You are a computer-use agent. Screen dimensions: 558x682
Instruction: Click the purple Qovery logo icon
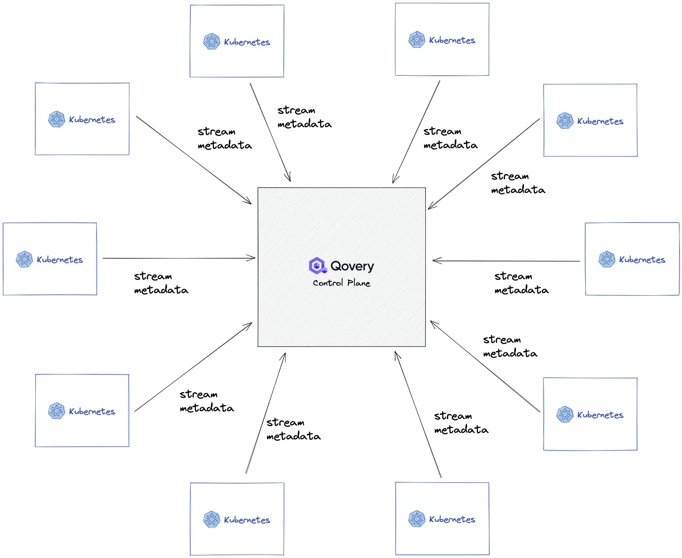pyautogui.click(x=317, y=266)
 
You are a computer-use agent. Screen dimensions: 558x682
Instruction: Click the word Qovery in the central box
pyautogui.click(x=352, y=266)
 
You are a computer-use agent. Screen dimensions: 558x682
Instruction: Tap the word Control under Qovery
pyautogui.click(x=328, y=283)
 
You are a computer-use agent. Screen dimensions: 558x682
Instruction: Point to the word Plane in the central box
pyautogui.click(x=359, y=283)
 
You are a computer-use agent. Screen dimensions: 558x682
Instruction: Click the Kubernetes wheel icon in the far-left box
pyautogui.click(x=24, y=259)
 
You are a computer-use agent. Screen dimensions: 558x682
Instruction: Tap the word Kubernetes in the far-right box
pyautogui.click(x=642, y=260)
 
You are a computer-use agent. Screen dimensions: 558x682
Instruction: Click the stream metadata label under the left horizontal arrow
pyautogui.click(x=161, y=283)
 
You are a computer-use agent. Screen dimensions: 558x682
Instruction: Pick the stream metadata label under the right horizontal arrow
pyautogui.click(x=521, y=283)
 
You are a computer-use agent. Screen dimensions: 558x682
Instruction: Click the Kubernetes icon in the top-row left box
pyautogui.click(x=211, y=41)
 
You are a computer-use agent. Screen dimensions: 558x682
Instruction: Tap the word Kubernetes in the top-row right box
pyautogui.click(x=452, y=40)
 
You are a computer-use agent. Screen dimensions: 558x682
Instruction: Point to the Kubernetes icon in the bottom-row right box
pyautogui.click(x=417, y=518)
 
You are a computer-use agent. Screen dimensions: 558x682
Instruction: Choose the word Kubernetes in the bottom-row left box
pyautogui.click(x=247, y=520)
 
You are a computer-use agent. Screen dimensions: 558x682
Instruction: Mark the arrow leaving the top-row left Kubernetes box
pyautogui.click(x=270, y=132)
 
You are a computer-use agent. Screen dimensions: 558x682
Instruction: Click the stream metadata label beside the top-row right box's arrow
pyautogui.click(x=450, y=138)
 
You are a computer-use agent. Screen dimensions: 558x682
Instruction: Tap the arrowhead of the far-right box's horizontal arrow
pyautogui.click(x=436, y=261)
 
